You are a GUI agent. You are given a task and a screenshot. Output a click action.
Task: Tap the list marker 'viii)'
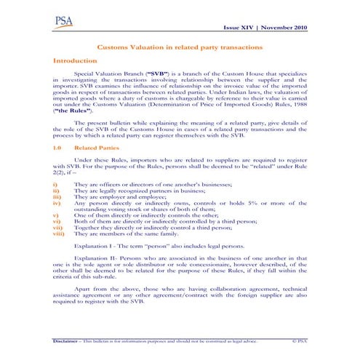pos(59,233)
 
